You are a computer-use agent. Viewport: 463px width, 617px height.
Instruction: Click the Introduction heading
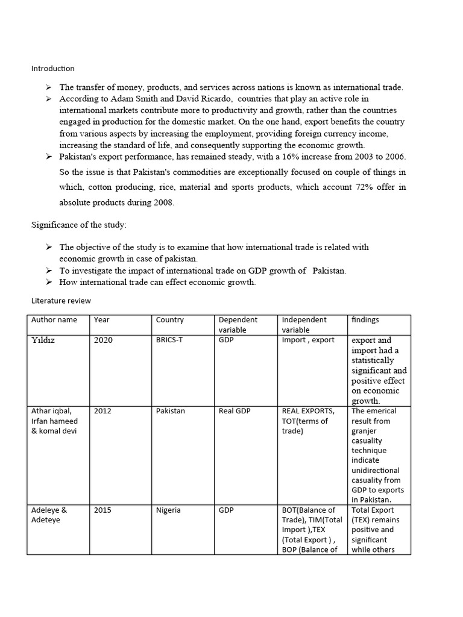tap(53, 69)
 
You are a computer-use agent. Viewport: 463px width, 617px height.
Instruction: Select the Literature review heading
tap(61, 301)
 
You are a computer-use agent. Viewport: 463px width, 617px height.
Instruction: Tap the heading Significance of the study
tap(79, 225)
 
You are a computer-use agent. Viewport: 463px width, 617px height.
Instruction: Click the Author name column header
tap(54, 320)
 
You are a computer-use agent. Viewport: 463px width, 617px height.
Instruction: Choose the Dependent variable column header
tap(238, 324)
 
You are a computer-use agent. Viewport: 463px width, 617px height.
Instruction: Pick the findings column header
tap(365, 320)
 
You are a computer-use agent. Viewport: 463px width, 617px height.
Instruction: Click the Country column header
tap(169, 320)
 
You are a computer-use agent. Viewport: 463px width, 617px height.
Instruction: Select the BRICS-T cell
tap(169, 340)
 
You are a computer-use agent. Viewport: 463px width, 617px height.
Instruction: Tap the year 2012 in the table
tap(103, 411)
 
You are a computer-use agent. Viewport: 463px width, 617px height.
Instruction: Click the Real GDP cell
tap(235, 411)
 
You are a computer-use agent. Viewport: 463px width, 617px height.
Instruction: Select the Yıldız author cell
tap(46, 340)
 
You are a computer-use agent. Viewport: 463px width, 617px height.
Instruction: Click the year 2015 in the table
tap(103, 510)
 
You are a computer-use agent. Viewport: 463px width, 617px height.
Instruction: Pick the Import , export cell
tap(308, 340)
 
